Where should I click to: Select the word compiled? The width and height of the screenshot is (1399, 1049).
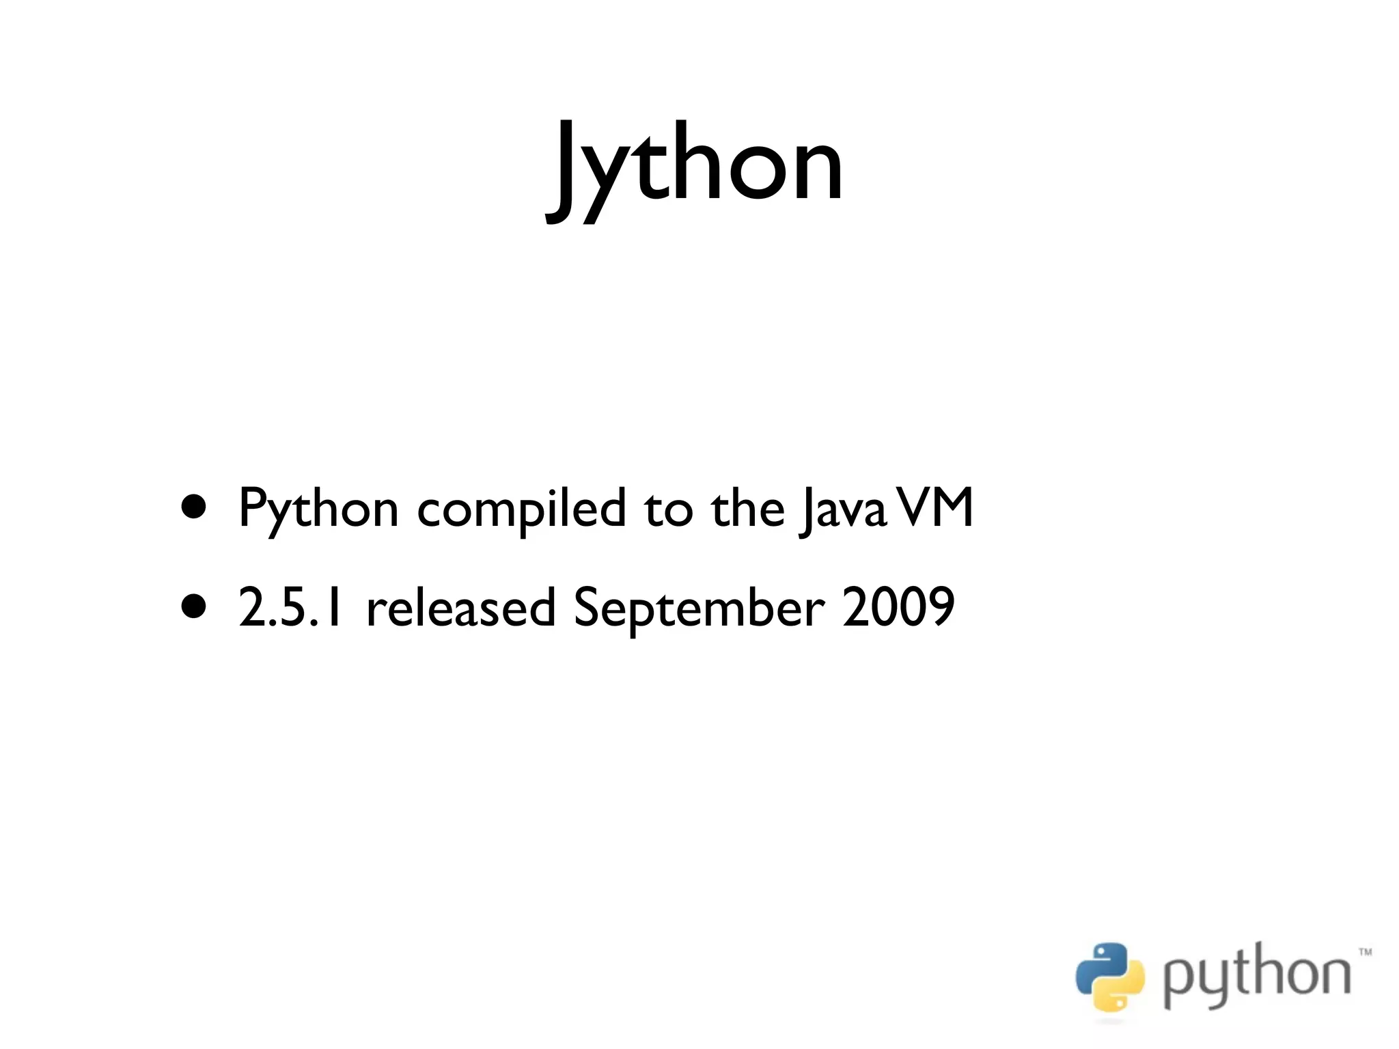[x=521, y=509]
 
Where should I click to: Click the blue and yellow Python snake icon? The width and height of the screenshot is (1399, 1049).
[x=1109, y=977]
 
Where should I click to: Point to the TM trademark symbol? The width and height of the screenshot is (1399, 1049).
[x=1365, y=951]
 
